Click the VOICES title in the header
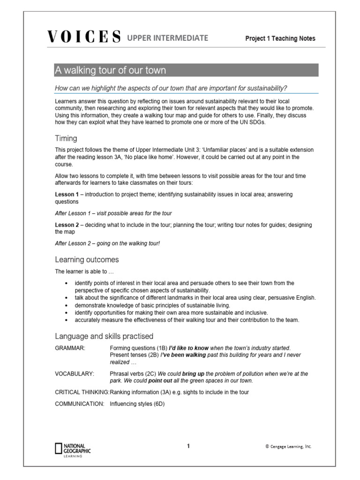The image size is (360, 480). click(85, 37)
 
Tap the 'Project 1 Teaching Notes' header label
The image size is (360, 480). click(280, 38)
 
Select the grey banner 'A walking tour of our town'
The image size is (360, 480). click(186, 70)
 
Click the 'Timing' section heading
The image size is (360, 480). click(66, 139)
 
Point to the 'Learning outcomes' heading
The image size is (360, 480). click(87, 259)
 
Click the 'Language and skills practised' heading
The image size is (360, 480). click(104, 336)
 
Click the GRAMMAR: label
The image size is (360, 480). click(70, 348)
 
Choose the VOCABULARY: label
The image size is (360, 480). click(75, 374)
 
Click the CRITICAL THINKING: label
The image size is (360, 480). click(82, 392)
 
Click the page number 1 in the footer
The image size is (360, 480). click(188, 446)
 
